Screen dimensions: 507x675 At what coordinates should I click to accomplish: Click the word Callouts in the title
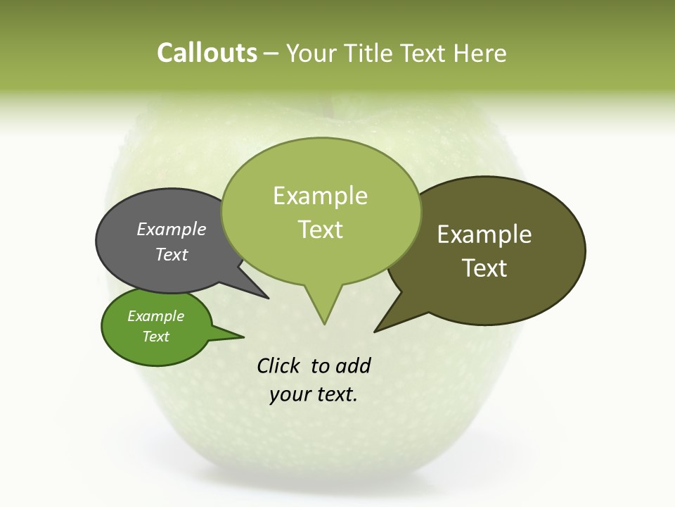coord(207,53)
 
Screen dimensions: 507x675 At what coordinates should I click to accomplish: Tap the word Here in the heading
coord(480,54)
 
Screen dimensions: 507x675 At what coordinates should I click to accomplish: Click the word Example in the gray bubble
coord(172,229)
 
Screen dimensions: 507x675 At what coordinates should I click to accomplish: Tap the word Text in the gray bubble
coord(172,254)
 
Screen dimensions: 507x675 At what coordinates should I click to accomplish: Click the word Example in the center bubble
coord(320,196)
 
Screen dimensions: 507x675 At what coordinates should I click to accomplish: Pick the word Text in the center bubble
coord(321,230)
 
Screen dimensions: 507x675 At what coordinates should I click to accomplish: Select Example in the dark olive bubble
coord(484,234)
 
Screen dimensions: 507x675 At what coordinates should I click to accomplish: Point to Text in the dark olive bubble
coord(484,268)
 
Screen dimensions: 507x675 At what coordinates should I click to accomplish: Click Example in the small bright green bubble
coord(155,316)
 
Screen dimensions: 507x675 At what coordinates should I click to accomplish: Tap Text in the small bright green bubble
coord(155,337)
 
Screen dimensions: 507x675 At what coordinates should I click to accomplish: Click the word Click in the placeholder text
coord(278,365)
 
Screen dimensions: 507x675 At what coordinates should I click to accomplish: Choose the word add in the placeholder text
coord(352,365)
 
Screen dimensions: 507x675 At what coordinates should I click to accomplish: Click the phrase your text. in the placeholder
coord(314,394)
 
